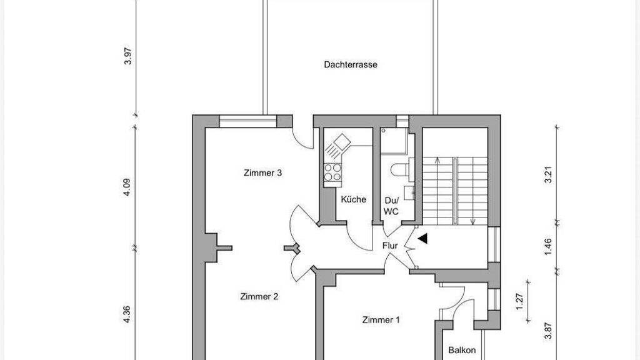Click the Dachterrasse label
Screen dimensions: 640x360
pos(350,64)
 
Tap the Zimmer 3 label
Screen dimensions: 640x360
pos(262,172)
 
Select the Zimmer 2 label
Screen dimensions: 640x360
pos(259,297)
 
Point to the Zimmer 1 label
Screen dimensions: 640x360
pos(381,320)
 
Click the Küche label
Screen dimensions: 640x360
pos(354,199)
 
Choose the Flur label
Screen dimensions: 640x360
pos(390,246)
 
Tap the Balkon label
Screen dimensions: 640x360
pos(462,350)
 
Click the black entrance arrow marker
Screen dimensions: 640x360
pos(422,239)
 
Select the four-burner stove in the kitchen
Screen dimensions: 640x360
pos(332,172)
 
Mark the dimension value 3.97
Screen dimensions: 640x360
pos(128,56)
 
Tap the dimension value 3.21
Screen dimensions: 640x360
pos(548,174)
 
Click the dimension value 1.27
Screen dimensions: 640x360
pos(519,302)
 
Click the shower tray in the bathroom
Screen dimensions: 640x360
pos(394,141)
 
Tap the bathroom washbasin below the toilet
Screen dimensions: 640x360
pos(409,192)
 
